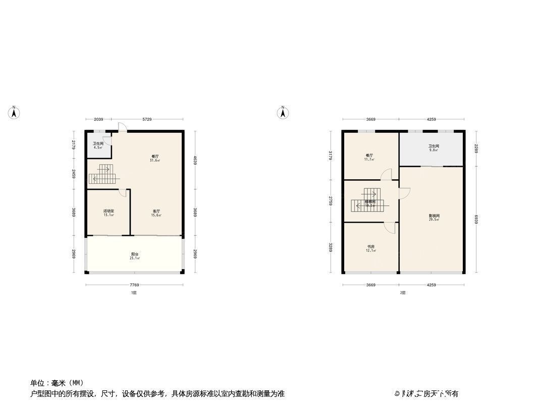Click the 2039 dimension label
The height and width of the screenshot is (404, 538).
(x=98, y=120)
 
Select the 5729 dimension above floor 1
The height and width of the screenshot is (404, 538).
(x=147, y=120)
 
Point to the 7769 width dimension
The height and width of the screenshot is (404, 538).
(x=134, y=285)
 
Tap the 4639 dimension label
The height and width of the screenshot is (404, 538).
(x=195, y=160)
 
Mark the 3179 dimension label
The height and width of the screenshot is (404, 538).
(x=330, y=155)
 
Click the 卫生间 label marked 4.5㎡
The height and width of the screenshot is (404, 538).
(x=98, y=145)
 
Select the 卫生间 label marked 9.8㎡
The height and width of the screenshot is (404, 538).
(x=434, y=147)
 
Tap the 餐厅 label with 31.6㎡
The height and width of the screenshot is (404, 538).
(x=154, y=158)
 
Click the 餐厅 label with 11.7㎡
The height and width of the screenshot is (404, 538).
(x=369, y=157)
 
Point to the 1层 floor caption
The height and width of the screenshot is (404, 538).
(x=134, y=293)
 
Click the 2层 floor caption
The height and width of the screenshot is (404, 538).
(x=403, y=293)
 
